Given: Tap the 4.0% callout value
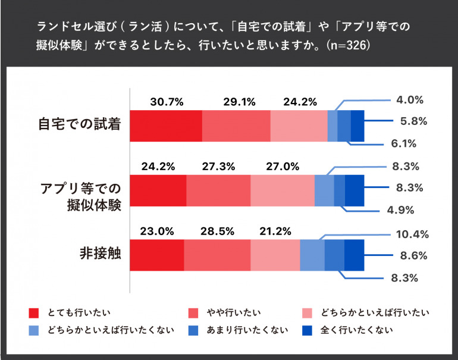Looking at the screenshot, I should [x=410, y=99].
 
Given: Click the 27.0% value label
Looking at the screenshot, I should [x=282, y=167].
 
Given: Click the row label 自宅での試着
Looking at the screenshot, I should [x=80, y=125].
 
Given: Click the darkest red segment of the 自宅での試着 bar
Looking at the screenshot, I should [x=166, y=125].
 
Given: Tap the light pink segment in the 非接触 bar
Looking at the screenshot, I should [x=275, y=255].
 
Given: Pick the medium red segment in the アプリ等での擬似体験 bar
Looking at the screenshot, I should [x=218, y=190].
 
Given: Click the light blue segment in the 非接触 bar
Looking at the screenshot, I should [x=312, y=255].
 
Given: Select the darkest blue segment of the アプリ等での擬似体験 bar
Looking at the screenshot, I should [x=355, y=190].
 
